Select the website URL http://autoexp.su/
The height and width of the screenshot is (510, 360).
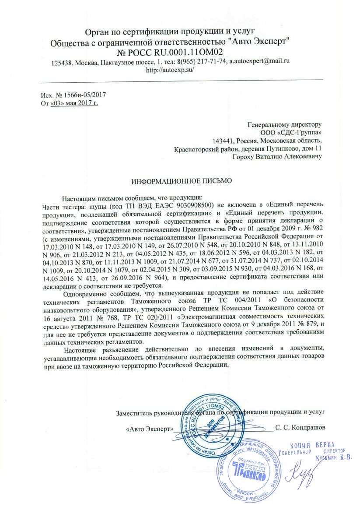170,70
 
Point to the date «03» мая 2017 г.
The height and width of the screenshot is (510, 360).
74,103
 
